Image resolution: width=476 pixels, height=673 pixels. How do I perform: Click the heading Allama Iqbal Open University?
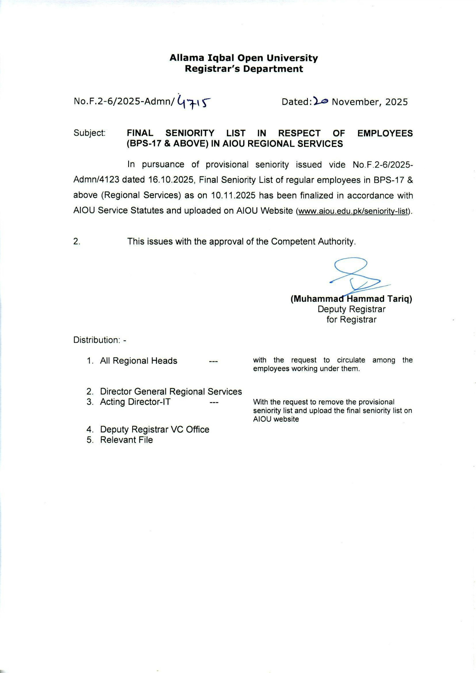(x=244, y=58)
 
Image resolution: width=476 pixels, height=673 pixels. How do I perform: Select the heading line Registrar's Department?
(x=244, y=69)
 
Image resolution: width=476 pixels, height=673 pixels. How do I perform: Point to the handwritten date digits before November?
(x=321, y=101)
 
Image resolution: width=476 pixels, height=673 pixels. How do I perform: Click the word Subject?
(x=90, y=133)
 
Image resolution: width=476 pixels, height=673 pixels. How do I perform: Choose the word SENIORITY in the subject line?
(x=190, y=133)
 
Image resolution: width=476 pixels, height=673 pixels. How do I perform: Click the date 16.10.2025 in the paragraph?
(x=170, y=180)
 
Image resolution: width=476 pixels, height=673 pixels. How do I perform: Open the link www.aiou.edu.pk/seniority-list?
(x=352, y=211)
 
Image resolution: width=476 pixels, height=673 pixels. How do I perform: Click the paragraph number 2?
(x=77, y=242)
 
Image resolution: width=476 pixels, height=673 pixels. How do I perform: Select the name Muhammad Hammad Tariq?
(x=351, y=299)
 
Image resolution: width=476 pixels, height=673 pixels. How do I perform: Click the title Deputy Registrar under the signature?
(x=351, y=309)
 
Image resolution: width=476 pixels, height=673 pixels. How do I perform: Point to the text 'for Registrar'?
(x=351, y=320)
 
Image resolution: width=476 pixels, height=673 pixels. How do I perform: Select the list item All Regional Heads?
(x=139, y=361)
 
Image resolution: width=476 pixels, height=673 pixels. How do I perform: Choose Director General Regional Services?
(x=171, y=391)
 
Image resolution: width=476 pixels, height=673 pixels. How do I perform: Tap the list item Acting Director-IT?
(x=135, y=402)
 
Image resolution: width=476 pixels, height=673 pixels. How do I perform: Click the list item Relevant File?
(x=126, y=440)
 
